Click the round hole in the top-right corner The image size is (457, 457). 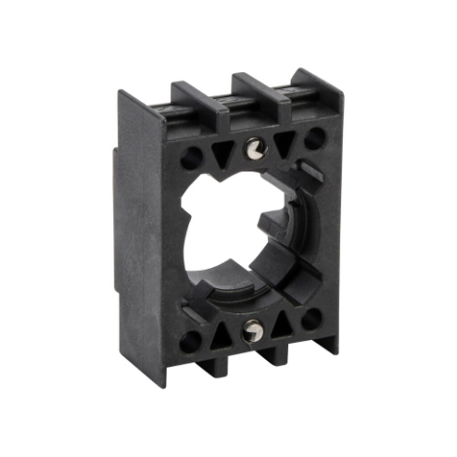(x=315, y=139)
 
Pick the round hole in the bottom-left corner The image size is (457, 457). (x=191, y=342)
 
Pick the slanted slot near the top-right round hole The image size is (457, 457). (x=312, y=171)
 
